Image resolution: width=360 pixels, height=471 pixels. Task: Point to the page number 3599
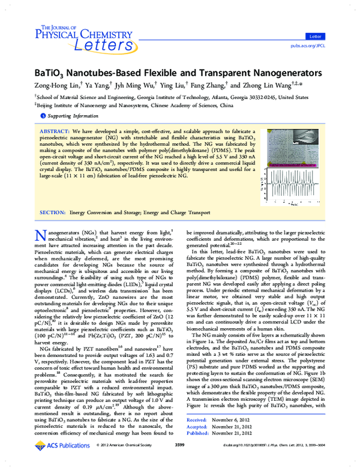click(x=179, y=462)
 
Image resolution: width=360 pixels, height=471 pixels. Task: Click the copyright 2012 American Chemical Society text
click(x=123, y=462)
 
